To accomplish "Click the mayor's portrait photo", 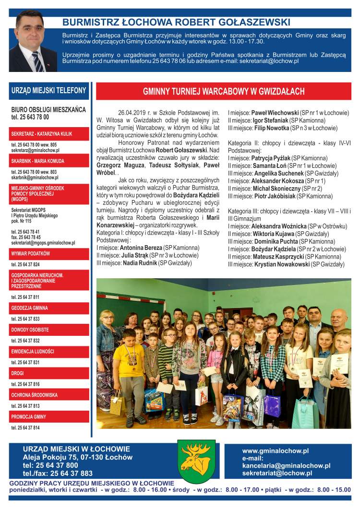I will (33, 41).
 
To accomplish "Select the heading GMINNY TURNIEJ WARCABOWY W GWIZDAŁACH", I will (224, 92).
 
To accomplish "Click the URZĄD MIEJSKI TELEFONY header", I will (49, 90).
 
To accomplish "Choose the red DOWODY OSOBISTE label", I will (30, 330).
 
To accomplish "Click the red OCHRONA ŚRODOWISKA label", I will (35, 395).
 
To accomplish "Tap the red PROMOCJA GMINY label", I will (29, 416).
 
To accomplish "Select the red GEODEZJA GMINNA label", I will (30, 308).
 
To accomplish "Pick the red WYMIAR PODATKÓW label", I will (31, 253).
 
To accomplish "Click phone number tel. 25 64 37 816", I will (25, 384).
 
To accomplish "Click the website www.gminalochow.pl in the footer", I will (275, 451).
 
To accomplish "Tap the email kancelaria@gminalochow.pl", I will (286, 465).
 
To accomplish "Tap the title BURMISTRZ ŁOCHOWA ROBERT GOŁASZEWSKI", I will (176, 22).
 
